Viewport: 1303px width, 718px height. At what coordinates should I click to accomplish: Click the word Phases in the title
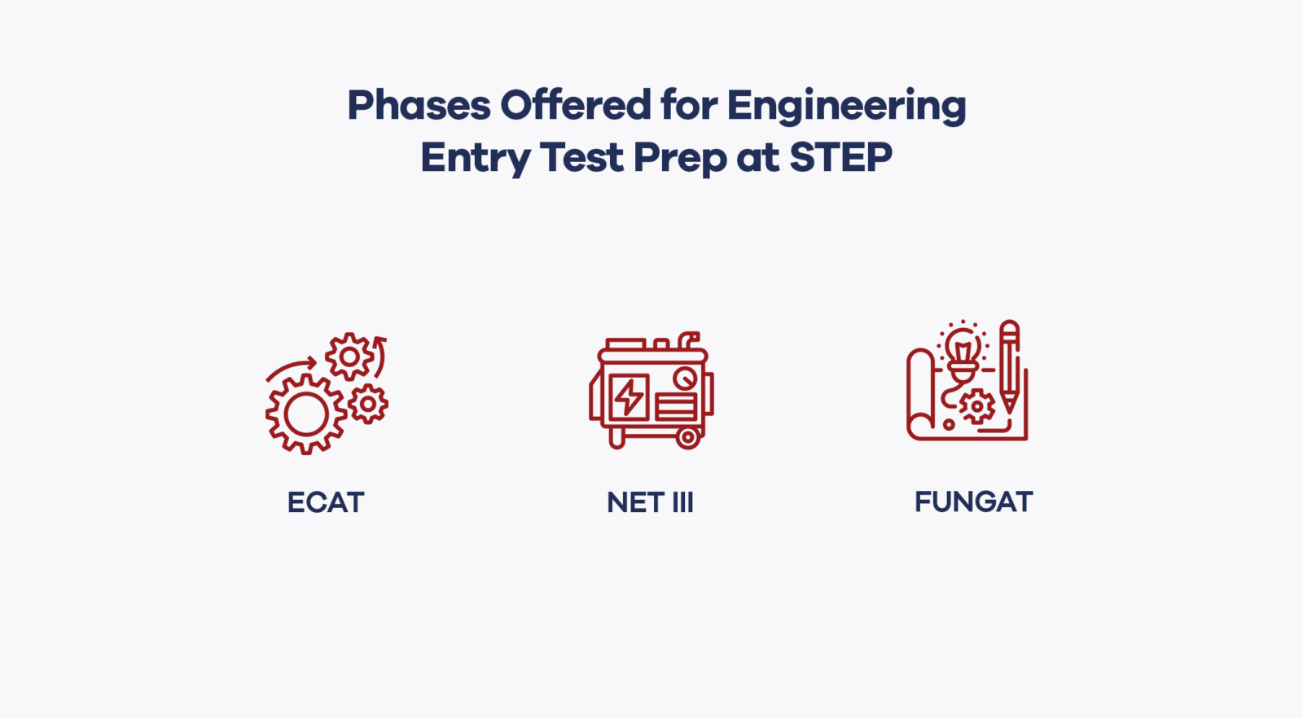[419, 107]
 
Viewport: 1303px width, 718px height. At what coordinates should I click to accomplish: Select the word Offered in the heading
[575, 105]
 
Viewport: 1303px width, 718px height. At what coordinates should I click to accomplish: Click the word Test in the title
[581, 157]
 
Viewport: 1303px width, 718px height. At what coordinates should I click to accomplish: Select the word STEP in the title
[840, 157]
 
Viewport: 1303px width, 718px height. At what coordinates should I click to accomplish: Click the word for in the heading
[689, 105]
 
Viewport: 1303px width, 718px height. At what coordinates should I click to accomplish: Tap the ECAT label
[326, 502]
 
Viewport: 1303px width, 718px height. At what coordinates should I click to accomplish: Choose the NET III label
[650, 502]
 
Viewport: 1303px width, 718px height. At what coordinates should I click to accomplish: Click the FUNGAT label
[973, 501]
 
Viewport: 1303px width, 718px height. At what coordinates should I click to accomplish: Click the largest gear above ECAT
[306, 414]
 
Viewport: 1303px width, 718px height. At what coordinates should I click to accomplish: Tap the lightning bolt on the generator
[629, 397]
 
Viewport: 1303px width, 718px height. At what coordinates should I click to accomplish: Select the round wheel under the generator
[688, 438]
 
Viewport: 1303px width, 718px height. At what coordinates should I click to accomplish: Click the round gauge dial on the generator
[685, 379]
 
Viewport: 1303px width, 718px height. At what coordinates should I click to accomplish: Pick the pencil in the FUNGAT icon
[1010, 366]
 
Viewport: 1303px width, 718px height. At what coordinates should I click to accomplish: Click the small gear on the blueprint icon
[976, 405]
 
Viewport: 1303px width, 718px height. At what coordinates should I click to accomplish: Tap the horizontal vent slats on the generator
[676, 406]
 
